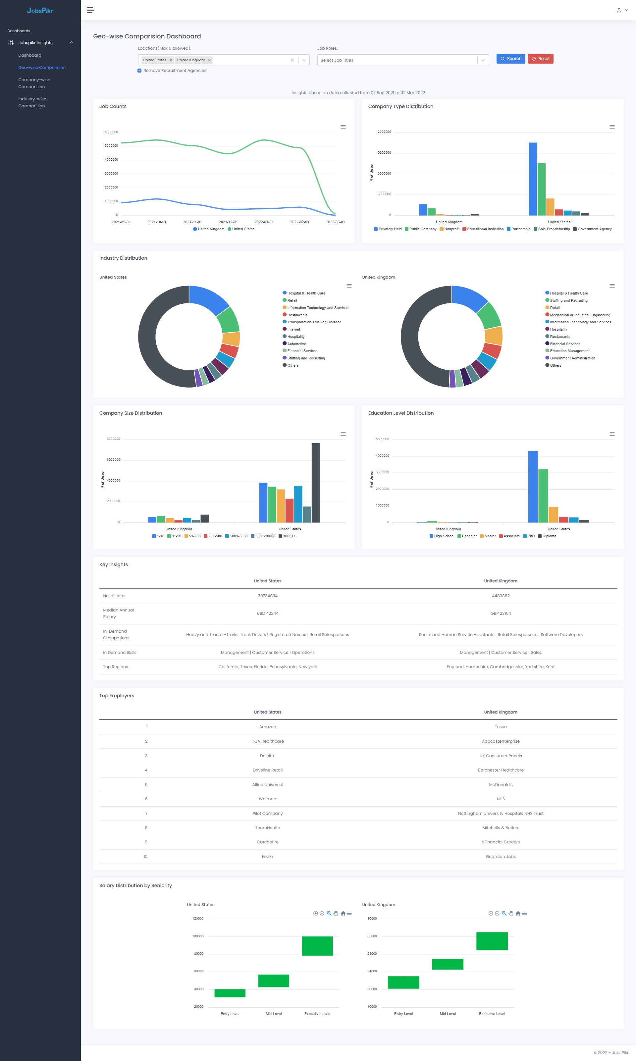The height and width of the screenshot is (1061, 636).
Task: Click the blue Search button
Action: (510, 59)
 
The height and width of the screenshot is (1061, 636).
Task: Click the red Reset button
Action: (540, 59)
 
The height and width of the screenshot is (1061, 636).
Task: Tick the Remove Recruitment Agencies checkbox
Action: (139, 71)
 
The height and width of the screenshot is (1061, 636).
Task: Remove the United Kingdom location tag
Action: (210, 60)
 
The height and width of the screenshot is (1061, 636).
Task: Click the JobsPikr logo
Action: (40, 11)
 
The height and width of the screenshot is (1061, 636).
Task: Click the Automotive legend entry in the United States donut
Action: (296, 344)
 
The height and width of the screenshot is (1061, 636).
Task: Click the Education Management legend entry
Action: (569, 351)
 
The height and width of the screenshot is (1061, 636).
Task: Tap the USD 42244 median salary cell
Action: (267, 613)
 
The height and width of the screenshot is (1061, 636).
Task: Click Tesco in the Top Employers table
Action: (500, 727)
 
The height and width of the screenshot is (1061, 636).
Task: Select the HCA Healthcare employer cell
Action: (267, 741)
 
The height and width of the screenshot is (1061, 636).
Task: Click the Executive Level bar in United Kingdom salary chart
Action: (492, 941)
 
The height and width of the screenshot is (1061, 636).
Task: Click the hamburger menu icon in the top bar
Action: (90, 10)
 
